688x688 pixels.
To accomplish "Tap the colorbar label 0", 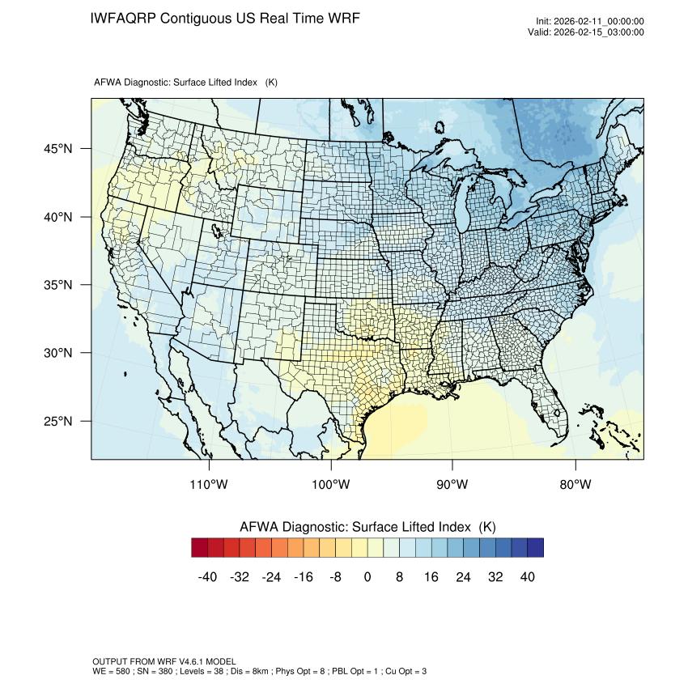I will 367,577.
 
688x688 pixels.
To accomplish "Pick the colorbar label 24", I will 463,577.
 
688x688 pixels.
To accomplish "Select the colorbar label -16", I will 303,577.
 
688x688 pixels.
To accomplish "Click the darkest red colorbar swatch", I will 200,548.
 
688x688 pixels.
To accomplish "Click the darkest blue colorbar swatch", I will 535,548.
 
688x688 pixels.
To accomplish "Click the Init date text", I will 589,21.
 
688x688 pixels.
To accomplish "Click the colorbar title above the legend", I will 367,527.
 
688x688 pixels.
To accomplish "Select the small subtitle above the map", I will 186,83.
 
